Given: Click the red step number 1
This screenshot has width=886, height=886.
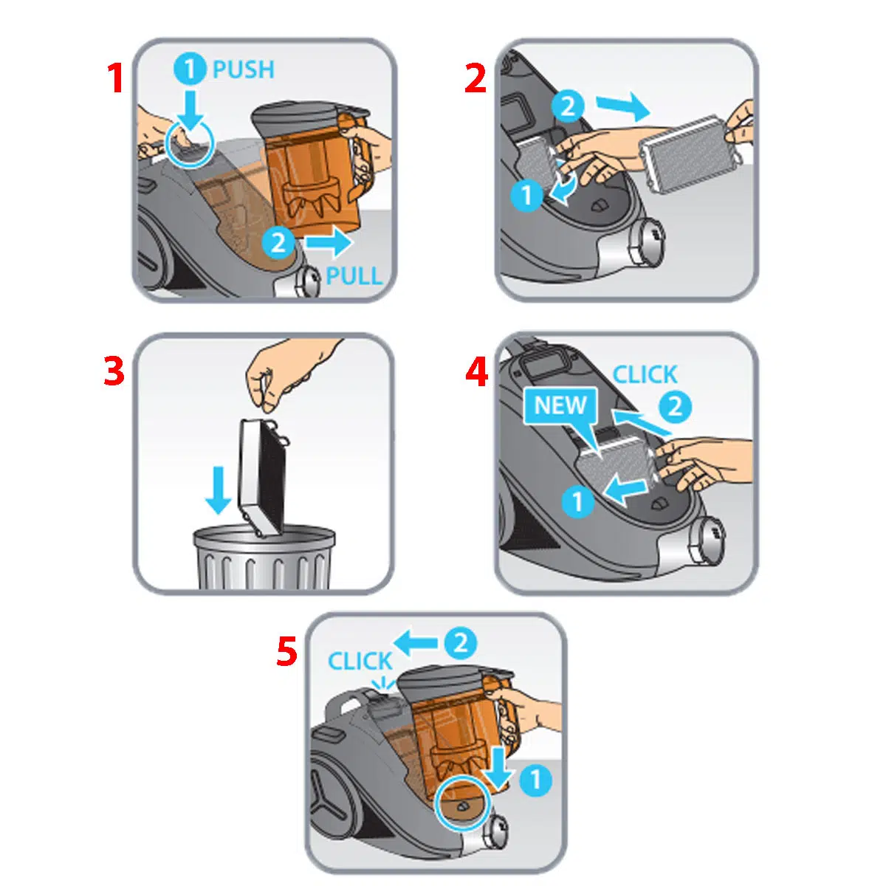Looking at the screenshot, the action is click(116, 78).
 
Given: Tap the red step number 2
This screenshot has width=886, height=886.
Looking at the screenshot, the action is click(475, 78).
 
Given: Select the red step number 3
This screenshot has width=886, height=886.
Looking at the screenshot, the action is click(114, 371).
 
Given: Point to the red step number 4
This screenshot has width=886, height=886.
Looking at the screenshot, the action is click(477, 371).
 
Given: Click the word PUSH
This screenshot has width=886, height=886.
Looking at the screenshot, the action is click(244, 70).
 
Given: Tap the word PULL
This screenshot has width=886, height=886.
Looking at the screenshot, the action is click(354, 276).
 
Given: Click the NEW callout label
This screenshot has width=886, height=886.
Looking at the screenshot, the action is click(560, 405).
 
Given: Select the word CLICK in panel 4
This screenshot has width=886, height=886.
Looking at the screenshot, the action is click(645, 375).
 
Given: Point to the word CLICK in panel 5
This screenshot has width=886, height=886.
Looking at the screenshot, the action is click(360, 661).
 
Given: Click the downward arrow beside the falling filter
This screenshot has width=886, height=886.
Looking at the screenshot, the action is click(218, 490).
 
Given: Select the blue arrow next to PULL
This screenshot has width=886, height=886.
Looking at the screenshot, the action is click(329, 242).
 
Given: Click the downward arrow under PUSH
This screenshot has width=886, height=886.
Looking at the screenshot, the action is click(190, 110).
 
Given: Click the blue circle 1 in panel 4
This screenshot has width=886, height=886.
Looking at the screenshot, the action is click(578, 501).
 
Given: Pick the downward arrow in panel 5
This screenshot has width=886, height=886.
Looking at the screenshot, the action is click(498, 766).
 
